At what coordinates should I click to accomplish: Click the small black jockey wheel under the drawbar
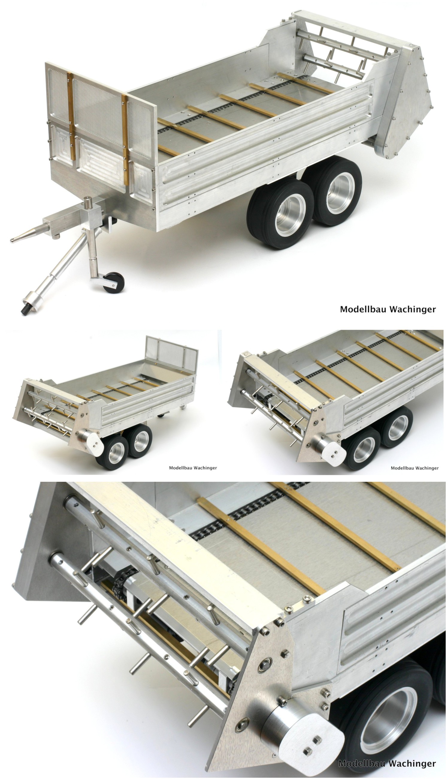point(114,282)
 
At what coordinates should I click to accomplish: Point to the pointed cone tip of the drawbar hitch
point(11,240)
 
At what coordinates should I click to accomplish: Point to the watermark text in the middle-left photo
point(193,468)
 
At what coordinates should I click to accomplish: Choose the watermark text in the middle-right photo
point(414,468)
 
